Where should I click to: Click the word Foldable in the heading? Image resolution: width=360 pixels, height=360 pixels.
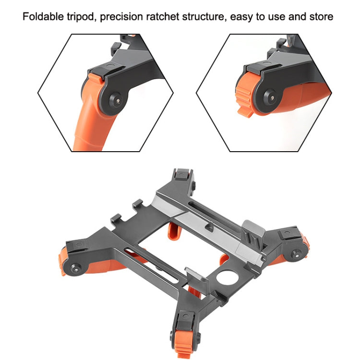tap(43, 16)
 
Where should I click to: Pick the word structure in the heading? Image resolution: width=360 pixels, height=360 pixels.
tap(203, 17)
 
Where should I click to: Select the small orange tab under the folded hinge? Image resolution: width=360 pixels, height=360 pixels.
tap(245, 112)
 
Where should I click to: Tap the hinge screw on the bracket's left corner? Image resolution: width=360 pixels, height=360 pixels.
tap(75, 268)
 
